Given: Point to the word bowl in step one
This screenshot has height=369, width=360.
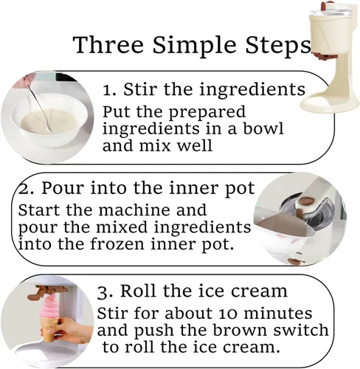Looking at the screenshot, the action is pyautogui.click(x=263, y=128).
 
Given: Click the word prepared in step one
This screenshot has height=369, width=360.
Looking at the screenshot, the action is pyautogui.click(x=207, y=113).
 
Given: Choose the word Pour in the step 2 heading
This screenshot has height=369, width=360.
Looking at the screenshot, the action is pyautogui.click(x=63, y=188).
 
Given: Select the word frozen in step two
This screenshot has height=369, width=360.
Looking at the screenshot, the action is pyautogui.click(x=117, y=244).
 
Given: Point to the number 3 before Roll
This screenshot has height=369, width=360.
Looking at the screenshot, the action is pyautogui.click(x=102, y=292).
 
